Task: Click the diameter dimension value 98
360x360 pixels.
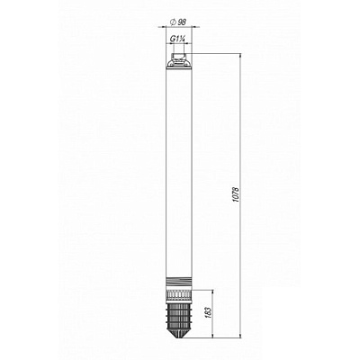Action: tap(182, 22)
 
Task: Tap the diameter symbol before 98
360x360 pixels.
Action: tap(173, 22)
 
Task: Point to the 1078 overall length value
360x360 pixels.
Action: tap(236, 194)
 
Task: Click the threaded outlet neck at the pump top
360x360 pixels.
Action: tap(179, 56)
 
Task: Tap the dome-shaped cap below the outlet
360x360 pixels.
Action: tap(179, 64)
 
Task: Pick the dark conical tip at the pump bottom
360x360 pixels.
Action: tap(179, 333)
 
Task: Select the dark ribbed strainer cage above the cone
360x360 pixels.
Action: tap(179, 314)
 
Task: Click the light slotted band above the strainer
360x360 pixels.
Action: tap(179, 294)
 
